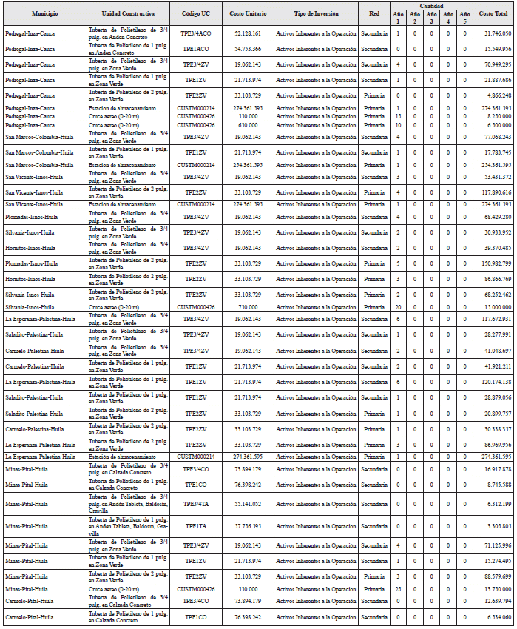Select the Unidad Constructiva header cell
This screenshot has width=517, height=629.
[x=127, y=14]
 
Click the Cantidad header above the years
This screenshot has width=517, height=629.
[x=431, y=5]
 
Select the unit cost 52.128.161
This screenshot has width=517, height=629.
[x=247, y=34]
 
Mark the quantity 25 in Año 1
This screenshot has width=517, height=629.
[x=398, y=588]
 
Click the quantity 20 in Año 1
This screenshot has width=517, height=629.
[x=398, y=306]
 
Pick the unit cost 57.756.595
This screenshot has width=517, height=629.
[x=247, y=526]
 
